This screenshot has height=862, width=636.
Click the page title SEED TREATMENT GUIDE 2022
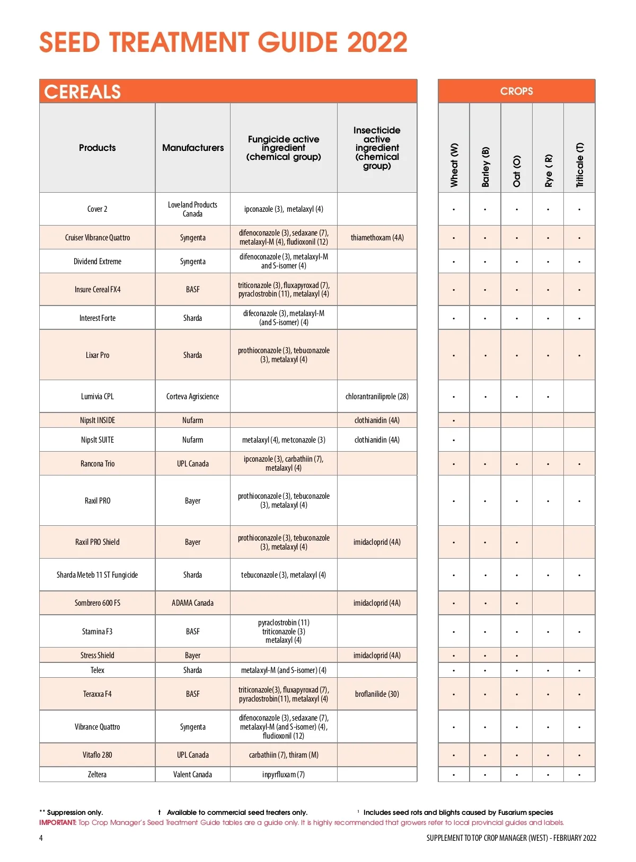coord(223,42)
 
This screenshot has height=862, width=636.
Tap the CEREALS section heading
coord(83,92)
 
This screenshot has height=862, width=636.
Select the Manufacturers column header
coord(193,148)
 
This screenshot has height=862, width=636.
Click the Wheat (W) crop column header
coord(454,165)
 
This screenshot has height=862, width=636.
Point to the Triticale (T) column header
coord(580,165)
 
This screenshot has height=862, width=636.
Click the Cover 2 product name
coord(97,209)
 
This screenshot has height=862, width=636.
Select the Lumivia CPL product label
coord(97,397)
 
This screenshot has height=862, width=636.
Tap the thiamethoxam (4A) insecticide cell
coord(377,238)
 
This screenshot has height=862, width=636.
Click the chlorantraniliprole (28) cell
coord(377,397)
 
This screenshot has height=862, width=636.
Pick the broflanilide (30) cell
coord(377,694)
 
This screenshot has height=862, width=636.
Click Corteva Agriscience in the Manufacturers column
coord(192,397)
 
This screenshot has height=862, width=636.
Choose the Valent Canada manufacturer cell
coord(192,775)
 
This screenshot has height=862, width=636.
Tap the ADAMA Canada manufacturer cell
coord(192,603)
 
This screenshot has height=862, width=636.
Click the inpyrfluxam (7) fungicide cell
coord(284,775)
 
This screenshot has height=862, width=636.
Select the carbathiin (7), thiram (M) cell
coord(284,755)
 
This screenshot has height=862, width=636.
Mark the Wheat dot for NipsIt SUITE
coord(454,441)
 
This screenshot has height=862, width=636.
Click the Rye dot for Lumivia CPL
coord(548,397)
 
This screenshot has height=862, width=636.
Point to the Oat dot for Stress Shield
coord(517,656)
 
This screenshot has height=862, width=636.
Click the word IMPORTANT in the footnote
coord(58,823)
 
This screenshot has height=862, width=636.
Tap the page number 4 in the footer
coord(41,838)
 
